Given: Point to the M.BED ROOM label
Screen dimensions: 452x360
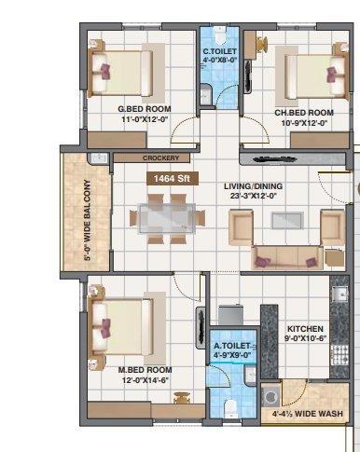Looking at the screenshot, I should (x=145, y=370).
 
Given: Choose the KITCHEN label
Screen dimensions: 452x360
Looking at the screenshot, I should (x=305, y=329).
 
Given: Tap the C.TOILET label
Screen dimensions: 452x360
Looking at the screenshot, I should (x=221, y=52).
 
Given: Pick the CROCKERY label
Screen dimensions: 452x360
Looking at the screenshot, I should (x=160, y=158).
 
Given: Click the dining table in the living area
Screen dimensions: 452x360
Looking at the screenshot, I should (x=169, y=215).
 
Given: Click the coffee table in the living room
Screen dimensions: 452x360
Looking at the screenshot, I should (x=286, y=220).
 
